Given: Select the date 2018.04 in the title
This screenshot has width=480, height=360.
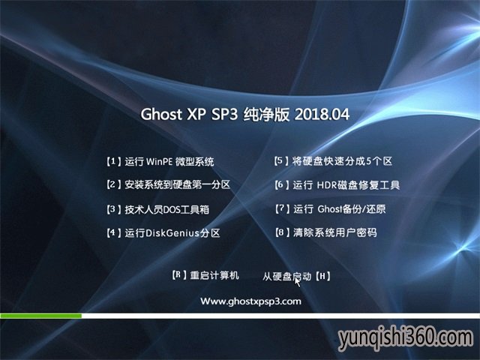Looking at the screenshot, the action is [322, 114].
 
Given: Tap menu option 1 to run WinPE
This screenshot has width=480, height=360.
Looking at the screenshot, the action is [160, 161].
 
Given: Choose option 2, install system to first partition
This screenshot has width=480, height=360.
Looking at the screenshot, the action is [168, 184].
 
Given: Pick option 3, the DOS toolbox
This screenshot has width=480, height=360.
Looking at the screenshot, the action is [158, 209].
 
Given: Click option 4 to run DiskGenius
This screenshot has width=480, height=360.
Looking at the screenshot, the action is [163, 233].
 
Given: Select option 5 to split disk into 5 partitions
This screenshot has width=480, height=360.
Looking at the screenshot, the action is [333, 161].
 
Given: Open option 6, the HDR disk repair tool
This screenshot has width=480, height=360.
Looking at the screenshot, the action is [337, 184].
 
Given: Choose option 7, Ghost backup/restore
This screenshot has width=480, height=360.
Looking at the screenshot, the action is [330, 209].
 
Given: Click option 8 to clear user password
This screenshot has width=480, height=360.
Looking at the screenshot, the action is [325, 232].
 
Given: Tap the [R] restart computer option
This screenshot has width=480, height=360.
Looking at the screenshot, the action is [205, 275].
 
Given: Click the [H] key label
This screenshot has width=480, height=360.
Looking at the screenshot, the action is [322, 277].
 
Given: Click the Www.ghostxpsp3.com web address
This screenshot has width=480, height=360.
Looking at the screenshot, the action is [250, 301].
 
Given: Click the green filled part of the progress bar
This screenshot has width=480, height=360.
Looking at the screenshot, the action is [41, 316].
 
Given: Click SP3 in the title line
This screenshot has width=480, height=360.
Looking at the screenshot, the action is [224, 114].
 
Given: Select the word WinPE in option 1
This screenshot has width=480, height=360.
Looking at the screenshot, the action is [159, 162].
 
